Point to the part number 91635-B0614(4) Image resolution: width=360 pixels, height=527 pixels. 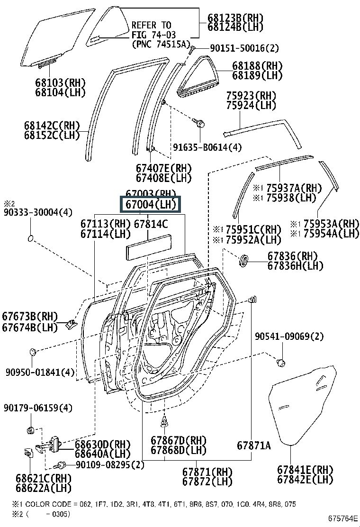(x=207, y=147)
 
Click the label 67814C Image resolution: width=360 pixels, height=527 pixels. (x=151, y=223)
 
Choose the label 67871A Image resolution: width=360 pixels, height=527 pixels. (x=254, y=445)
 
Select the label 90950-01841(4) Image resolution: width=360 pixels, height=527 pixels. (x=40, y=372)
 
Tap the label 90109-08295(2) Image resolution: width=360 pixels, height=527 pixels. (x=109, y=465)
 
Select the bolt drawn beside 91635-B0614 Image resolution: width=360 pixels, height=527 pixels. (x=199, y=123)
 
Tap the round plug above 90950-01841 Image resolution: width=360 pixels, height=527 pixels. (x=32, y=352)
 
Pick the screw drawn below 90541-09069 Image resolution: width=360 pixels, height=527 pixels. (x=280, y=362)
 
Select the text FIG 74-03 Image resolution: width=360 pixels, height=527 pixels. (x=152, y=35)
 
